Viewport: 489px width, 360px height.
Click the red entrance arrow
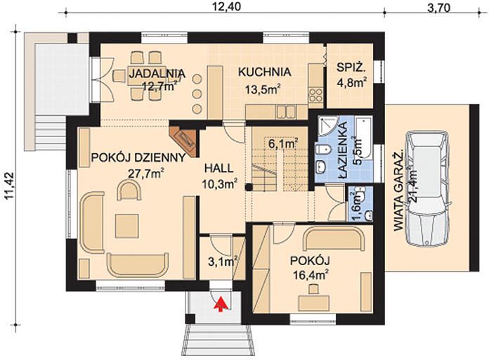pos(221,304)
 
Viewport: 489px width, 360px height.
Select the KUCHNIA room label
pos(264,72)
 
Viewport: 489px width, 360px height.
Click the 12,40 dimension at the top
pos(227,6)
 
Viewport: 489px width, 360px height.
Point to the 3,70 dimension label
pos(439,8)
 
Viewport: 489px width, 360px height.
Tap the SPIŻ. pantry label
pos(351,67)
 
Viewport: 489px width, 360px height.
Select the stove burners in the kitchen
pos(315,96)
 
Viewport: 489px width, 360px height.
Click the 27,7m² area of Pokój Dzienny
pos(146,174)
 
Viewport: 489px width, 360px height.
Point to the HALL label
pos(219,169)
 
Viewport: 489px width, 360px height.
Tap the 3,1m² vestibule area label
pos(223,262)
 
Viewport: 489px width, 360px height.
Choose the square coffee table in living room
pos(126,226)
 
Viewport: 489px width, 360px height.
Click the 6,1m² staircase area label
pos(283,143)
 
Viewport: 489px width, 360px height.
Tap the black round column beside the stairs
pos(248,187)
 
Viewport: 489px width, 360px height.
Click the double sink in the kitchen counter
pos(286,112)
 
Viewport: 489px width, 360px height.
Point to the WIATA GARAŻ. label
pos(398,191)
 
